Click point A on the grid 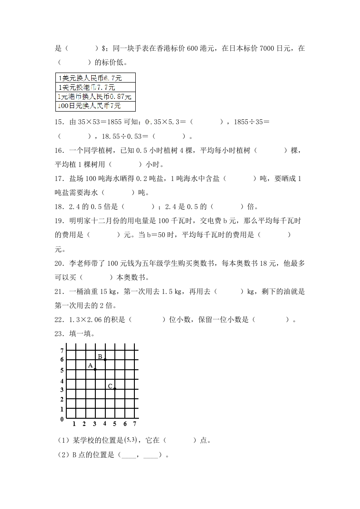pos(95,369)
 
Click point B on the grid pos(105,359)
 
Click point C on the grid pos(115,389)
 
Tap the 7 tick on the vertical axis pos(62,351)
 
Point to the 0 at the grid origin pos(62,420)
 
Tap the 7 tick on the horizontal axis pos(135,424)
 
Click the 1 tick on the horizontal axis pos(74,424)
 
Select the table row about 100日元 pos(95,106)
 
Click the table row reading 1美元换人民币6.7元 pos(95,78)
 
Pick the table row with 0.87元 pos(95,97)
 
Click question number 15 pos(59,122)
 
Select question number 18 pos(59,206)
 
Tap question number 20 pos(59,263)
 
